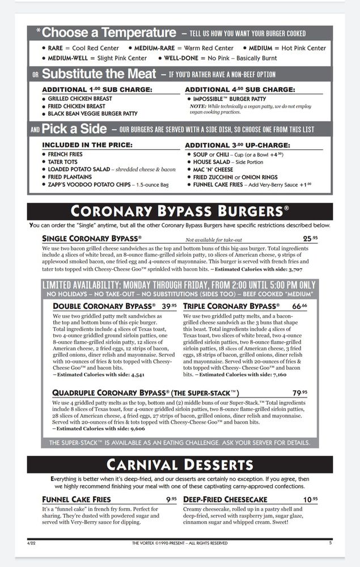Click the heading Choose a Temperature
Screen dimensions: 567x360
(109, 33)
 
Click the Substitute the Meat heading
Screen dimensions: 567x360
(99, 74)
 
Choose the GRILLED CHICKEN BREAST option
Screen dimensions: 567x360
(80, 99)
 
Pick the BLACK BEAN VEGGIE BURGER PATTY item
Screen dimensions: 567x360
(93, 113)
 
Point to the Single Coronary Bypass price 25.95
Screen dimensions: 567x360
(310, 239)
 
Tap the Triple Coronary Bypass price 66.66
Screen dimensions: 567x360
(300, 306)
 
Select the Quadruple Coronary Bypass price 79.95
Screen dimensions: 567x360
(300, 393)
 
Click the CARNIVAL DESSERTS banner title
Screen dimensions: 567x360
(179, 465)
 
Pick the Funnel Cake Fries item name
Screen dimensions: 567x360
(77, 500)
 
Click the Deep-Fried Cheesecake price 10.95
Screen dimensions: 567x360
(310, 500)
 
